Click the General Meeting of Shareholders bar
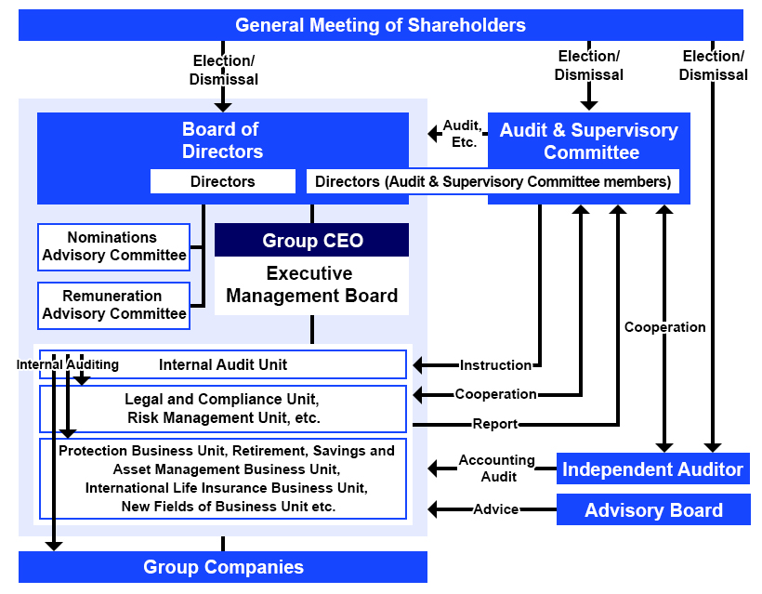[380, 25]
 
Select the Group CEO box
[311, 241]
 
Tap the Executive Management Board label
[311, 285]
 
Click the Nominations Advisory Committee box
[113, 246]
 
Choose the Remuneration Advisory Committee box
[113, 305]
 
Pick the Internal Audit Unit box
[223, 364]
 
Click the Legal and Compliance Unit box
[223, 409]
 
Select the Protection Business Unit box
[223, 479]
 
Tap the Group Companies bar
[223, 567]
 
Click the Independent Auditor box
[652, 469]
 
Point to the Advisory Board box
[652, 510]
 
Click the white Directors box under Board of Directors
[222, 181]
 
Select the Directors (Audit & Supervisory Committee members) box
[493, 181]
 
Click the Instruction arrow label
[495, 365]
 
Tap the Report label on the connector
[495, 424]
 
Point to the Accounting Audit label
[496, 468]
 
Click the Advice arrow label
[495, 509]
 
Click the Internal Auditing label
[68, 364]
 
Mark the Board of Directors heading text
[222, 140]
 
